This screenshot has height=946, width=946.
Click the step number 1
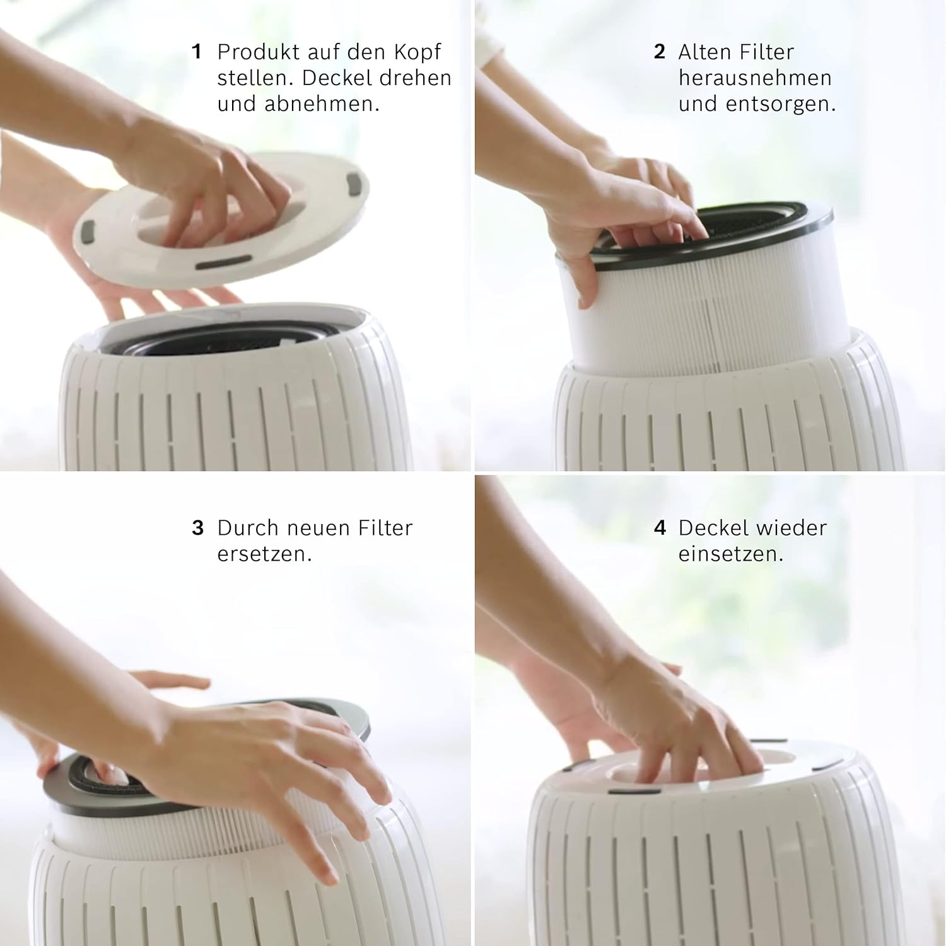click(197, 52)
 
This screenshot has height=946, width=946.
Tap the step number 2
click(660, 52)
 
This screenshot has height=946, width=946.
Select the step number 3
click(198, 528)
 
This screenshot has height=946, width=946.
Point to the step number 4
click(660, 528)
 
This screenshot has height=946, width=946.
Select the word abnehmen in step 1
click(322, 104)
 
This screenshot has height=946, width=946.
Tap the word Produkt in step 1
click(257, 52)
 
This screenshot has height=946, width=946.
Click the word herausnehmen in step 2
click(755, 78)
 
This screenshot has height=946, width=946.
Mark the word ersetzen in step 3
click(265, 554)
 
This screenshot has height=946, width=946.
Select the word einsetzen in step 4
click(731, 554)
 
